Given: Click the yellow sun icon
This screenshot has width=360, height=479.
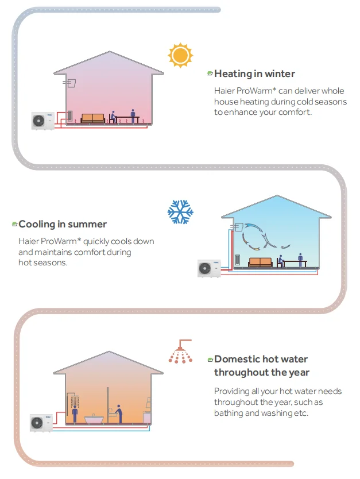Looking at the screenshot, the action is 179,55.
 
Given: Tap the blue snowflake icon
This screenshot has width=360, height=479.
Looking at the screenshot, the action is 180,212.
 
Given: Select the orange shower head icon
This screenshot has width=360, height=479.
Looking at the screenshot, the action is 181,352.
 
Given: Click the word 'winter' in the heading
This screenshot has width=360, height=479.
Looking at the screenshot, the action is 280,74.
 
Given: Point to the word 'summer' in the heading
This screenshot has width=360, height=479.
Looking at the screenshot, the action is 87,224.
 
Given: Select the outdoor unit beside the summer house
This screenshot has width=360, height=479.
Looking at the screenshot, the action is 209,268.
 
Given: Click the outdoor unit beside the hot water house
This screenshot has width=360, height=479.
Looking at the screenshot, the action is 41,423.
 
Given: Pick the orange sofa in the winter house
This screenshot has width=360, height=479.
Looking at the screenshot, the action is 93,118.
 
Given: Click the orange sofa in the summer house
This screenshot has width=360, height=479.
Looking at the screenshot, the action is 260,262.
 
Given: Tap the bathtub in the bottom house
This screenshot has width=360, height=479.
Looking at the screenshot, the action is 94,419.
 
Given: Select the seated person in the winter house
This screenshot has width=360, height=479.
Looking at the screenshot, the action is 113,117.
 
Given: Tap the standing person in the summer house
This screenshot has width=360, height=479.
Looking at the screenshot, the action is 300,260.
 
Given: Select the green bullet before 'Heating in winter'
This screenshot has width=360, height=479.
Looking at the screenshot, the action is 210,74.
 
